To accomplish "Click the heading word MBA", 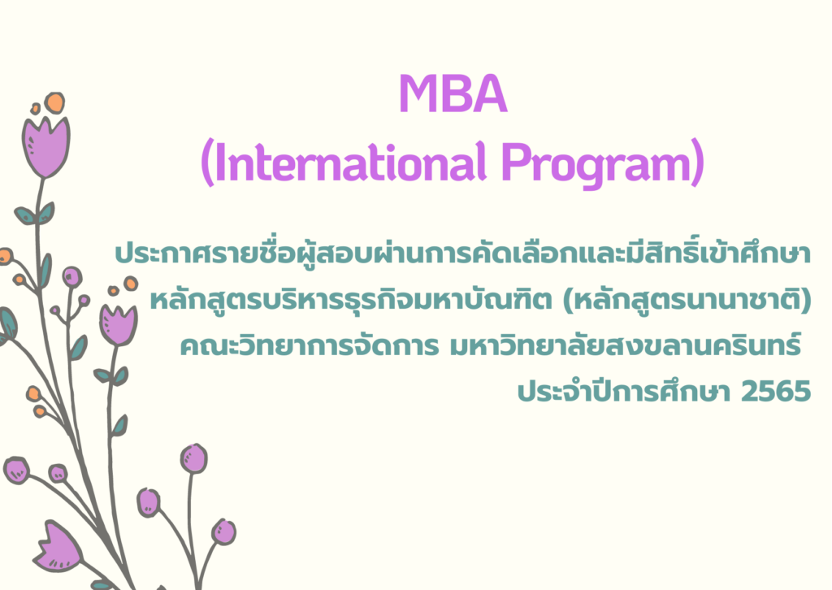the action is coord(453,94).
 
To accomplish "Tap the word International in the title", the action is coord(351,161).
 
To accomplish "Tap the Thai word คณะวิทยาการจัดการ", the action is coord(310,345).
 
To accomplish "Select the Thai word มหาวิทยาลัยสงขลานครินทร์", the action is coord(625,345).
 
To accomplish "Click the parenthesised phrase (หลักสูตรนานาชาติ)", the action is coord(687,299).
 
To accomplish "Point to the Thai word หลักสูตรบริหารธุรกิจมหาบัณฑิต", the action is coord(351,299).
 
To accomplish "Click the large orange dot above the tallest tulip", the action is coord(54,102).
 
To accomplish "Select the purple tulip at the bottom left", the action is coord(58,546).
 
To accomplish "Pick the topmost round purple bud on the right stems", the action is coord(193,458).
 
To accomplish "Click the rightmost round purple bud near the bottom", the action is coord(223,532).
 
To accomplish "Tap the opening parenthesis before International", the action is coord(208,163).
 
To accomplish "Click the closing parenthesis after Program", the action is coord(697,163).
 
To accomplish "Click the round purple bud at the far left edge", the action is coord(16,470).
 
